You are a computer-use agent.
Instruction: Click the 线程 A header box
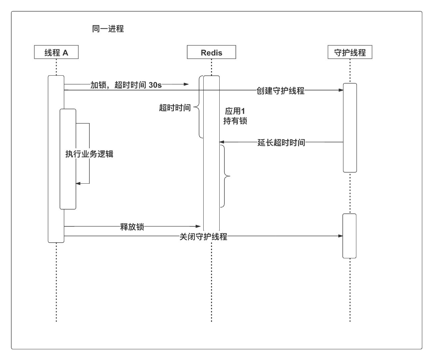click(x=56, y=52)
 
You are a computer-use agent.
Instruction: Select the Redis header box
click(x=211, y=52)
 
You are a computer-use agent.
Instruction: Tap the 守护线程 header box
click(x=350, y=52)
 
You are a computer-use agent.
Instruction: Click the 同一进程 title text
click(x=108, y=29)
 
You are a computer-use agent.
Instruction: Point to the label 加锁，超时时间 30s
click(x=126, y=85)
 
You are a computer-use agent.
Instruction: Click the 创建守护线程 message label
click(x=280, y=91)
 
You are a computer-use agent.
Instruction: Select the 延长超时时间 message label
click(x=281, y=143)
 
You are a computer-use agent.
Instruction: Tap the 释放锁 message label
click(x=132, y=227)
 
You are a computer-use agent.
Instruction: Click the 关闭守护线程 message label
click(x=203, y=237)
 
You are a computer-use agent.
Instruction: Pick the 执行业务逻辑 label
click(x=89, y=154)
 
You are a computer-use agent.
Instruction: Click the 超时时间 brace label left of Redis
click(x=175, y=108)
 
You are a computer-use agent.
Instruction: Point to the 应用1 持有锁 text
click(x=235, y=116)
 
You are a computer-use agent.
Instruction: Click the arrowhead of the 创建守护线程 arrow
click(x=341, y=90)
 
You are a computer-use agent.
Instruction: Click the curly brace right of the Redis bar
click(x=225, y=176)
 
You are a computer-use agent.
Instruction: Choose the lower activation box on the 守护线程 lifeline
click(x=349, y=236)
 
